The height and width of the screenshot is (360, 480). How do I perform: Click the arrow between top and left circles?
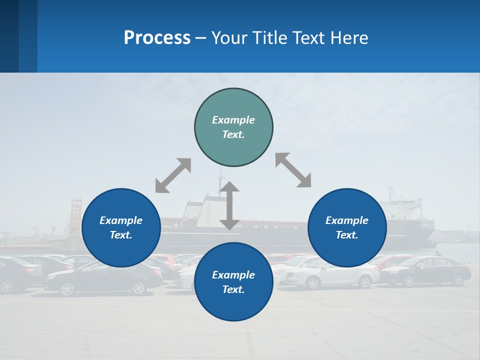pyautogui.click(x=173, y=175)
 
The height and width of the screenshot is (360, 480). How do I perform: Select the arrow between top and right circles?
pyautogui.click(x=293, y=170)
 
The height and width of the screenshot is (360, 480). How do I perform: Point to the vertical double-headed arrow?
pyautogui.click(x=229, y=205)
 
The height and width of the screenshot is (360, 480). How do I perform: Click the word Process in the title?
pyautogui.click(x=157, y=37)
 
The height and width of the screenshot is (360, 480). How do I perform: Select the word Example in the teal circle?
pyautogui.click(x=233, y=120)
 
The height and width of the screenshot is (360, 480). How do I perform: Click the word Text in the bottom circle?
pyautogui.click(x=233, y=289)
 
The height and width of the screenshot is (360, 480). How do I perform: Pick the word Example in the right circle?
pyautogui.click(x=347, y=220)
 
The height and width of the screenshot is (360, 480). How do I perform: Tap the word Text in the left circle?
pyautogui.click(x=121, y=235)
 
